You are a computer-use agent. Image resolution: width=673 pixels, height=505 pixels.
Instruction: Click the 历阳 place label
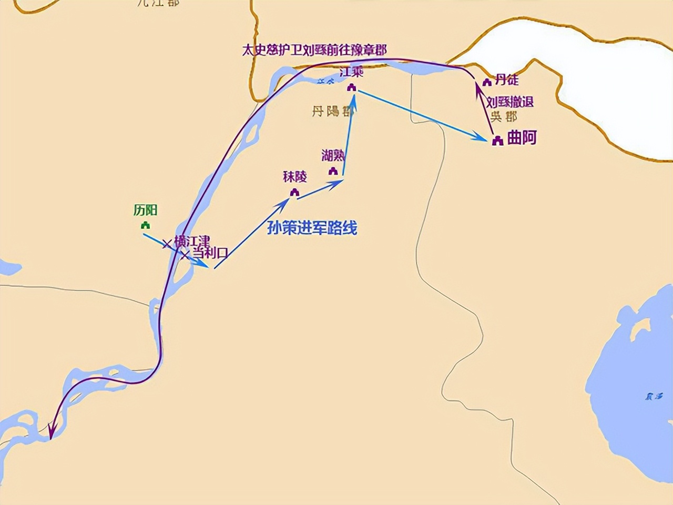pyautogui.click(x=145, y=210)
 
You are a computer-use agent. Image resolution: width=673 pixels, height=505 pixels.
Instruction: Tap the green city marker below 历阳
pyautogui.click(x=146, y=225)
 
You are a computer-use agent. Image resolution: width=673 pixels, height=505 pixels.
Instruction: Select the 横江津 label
pyautogui.click(x=192, y=241)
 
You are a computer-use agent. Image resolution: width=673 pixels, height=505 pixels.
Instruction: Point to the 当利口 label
pyautogui.click(x=209, y=252)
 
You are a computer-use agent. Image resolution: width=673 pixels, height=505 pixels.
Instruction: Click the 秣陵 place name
pyautogui.click(x=294, y=177)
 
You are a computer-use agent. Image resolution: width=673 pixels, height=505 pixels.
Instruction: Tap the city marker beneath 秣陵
pyautogui.click(x=294, y=193)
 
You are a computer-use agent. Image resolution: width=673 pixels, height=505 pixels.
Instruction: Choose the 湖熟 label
pyautogui.click(x=333, y=155)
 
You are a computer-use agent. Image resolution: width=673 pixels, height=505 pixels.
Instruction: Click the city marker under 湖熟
pyautogui.click(x=333, y=171)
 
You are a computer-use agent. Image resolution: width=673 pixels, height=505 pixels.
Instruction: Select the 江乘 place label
pyautogui.click(x=351, y=72)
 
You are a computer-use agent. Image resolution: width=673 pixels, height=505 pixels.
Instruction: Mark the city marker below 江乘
pyautogui.click(x=352, y=87)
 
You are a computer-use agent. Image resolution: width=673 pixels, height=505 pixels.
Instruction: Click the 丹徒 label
pyautogui.click(x=507, y=80)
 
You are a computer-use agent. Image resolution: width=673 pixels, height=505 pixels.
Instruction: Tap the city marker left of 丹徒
pyautogui.click(x=487, y=83)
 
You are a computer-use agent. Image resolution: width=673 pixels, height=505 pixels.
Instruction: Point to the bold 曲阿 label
pyautogui.click(x=522, y=138)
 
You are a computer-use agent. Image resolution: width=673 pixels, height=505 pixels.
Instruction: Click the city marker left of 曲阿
pyautogui.click(x=497, y=140)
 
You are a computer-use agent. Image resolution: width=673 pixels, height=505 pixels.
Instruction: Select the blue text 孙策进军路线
pyautogui.click(x=312, y=228)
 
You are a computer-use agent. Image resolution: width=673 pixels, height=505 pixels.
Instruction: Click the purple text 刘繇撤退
pyautogui.click(x=509, y=102)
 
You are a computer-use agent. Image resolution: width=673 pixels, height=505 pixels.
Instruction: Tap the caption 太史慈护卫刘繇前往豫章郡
pyautogui.click(x=314, y=50)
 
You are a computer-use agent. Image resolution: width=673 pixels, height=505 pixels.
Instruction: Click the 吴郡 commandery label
pyautogui.click(x=504, y=116)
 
